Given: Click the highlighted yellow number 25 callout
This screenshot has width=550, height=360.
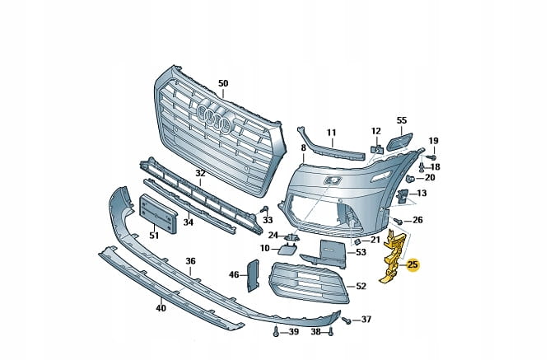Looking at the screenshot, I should [412, 264].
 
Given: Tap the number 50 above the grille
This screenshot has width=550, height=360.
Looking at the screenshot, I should [222, 83].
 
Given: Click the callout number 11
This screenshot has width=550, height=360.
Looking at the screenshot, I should [331, 132].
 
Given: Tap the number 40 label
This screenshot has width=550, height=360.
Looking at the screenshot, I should [161, 308].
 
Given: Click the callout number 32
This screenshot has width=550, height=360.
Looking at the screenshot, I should [200, 173].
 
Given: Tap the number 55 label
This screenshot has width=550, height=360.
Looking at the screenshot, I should [402, 120].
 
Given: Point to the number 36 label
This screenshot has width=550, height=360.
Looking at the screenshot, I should [190, 261].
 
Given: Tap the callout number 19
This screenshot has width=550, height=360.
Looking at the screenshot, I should [433, 141].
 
